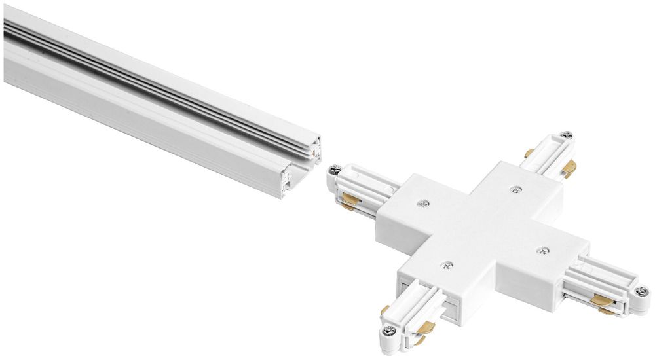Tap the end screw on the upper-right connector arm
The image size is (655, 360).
[x=567, y=135]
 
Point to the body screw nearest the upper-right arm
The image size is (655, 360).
[x=515, y=190]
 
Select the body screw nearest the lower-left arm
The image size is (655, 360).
[x=447, y=266]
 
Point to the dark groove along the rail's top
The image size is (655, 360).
[x=164, y=92]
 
